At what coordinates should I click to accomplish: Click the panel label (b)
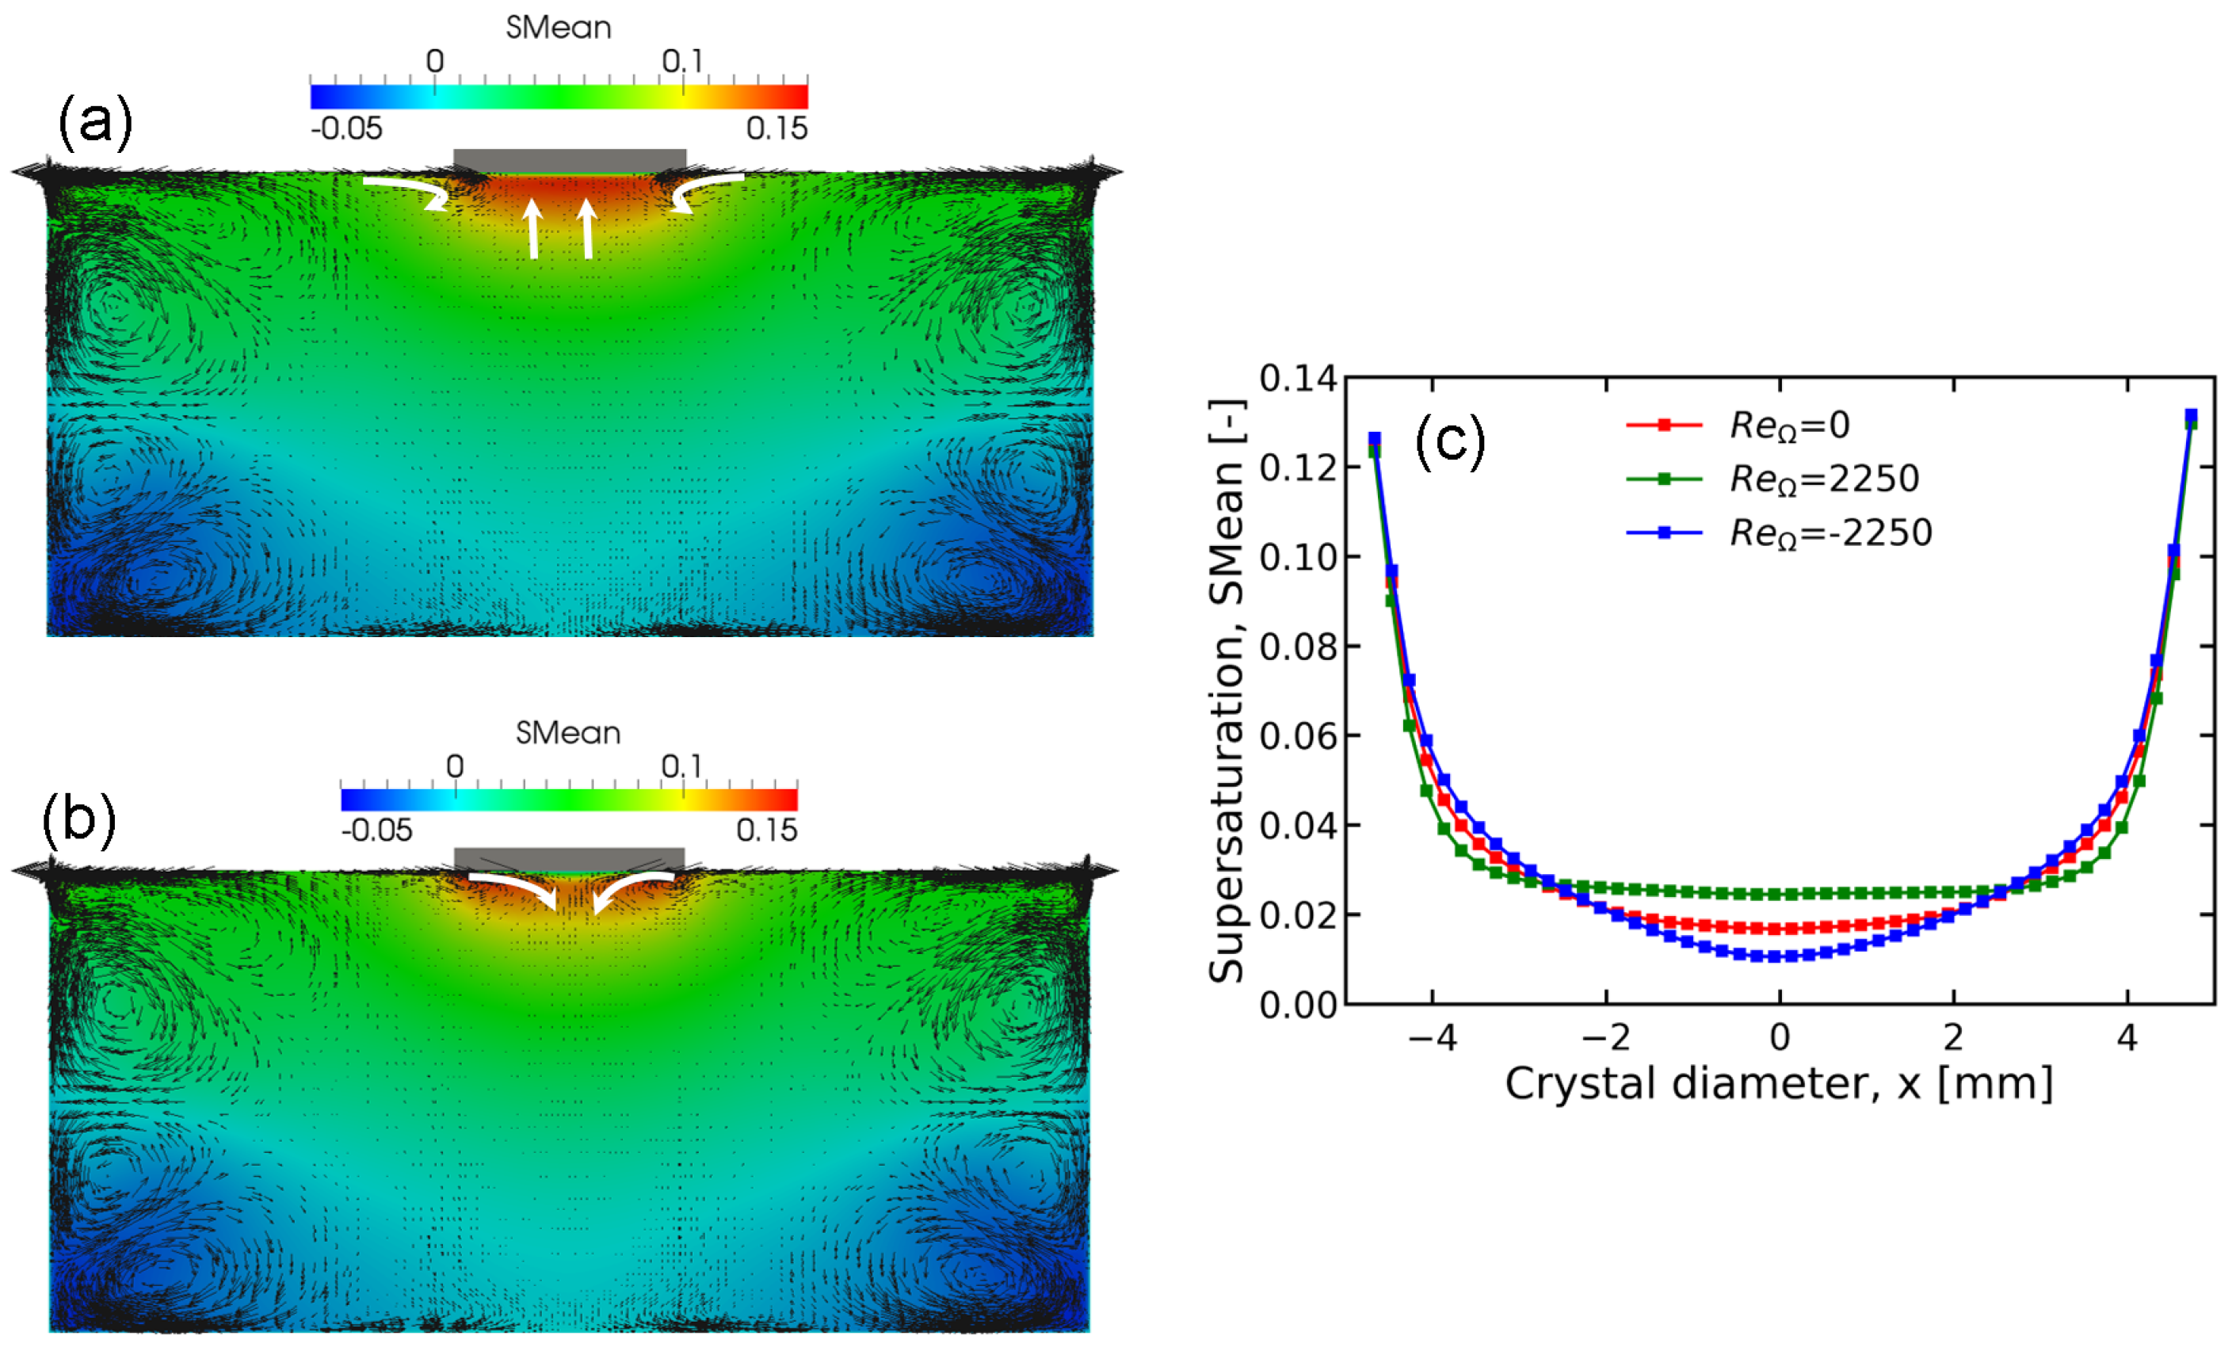pos(79,819)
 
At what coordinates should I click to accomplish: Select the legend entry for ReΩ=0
pos(1788,426)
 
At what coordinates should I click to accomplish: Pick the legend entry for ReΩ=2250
pos(1824,479)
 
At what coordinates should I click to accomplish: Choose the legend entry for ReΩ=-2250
pos(1830,532)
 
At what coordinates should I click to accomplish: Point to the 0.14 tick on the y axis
pos(1298,379)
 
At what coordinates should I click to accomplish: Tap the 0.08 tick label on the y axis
pos(1298,646)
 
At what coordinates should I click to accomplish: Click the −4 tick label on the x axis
pos(1432,1036)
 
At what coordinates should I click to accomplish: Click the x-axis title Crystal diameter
pos(1779,1084)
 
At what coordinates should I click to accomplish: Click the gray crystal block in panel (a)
pos(569,161)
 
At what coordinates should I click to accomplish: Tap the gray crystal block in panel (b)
pos(569,858)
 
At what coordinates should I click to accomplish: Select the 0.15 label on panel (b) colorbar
pos(766,830)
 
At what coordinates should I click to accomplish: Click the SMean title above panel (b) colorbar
pos(568,732)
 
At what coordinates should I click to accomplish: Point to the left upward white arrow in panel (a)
pos(532,230)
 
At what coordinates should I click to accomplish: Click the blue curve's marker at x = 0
pos(1780,956)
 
